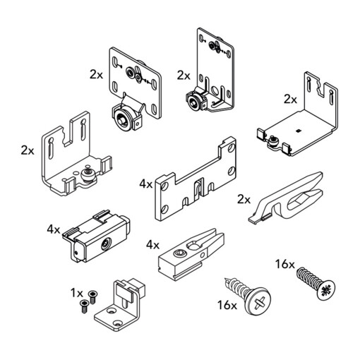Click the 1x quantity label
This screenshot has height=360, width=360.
[x=77, y=294]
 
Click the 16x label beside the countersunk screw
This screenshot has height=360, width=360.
[x=285, y=264]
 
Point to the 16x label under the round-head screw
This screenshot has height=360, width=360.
[x=227, y=305]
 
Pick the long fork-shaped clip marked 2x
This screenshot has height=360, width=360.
[x=286, y=197]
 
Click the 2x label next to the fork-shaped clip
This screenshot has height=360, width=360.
[x=244, y=200]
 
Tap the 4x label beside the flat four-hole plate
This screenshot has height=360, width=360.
[x=146, y=184]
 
